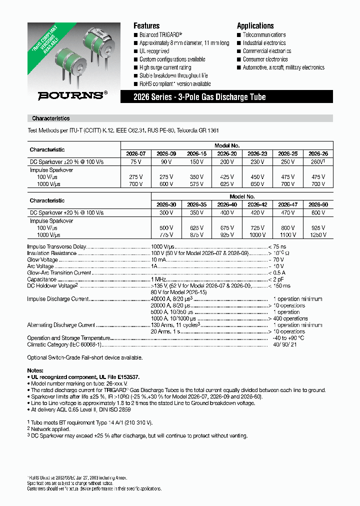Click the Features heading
[146, 25]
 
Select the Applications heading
[255, 25]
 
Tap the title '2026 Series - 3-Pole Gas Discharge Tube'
[198, 97]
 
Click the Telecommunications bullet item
[264, 35]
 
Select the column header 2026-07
[135, 154]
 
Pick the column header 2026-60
[318, 204]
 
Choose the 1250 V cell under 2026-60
[318, 234]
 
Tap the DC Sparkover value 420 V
[257, 213]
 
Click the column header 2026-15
[196, 154]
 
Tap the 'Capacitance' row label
[41, 279]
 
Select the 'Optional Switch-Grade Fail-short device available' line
[85, 357]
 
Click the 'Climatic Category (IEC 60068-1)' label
[64, 344]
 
